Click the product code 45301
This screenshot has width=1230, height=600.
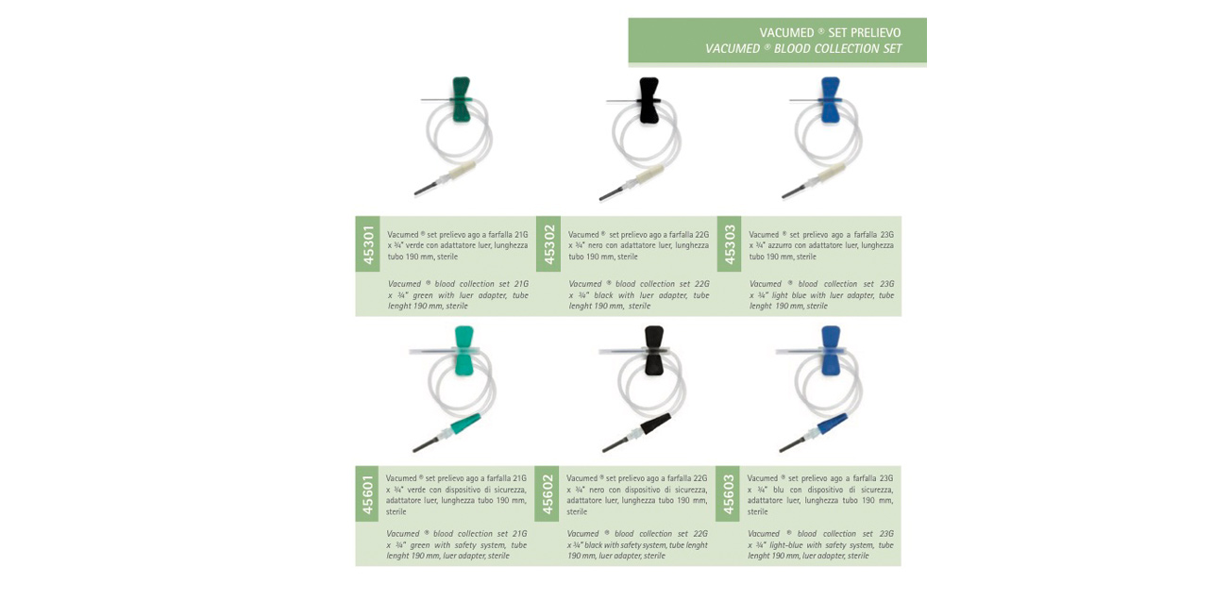[x=368, y=244]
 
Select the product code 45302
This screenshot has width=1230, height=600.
[x=548, y=244]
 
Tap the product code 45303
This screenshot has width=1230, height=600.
[x=729, y=244]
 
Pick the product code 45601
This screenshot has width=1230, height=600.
[x=368, y=494]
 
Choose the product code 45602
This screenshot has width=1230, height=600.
[x=548, y=494]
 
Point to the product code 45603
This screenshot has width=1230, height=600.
[x=728, y=494]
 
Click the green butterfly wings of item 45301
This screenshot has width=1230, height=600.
[x=461, y=99]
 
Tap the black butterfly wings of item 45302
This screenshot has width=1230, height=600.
[x=649, y=100]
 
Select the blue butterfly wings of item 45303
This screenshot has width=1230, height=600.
[x=830, y=99]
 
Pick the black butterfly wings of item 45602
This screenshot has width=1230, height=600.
[x=654, y=351]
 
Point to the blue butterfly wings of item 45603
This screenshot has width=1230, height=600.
[x=830, y=351]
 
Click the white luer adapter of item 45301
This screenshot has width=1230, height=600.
[x=460, y=172]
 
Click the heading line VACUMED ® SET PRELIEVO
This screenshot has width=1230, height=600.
[x=830, y=32]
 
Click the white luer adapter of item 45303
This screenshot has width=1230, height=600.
[x=829, y=172]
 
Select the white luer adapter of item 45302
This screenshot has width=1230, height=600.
[x=647, y=173]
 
